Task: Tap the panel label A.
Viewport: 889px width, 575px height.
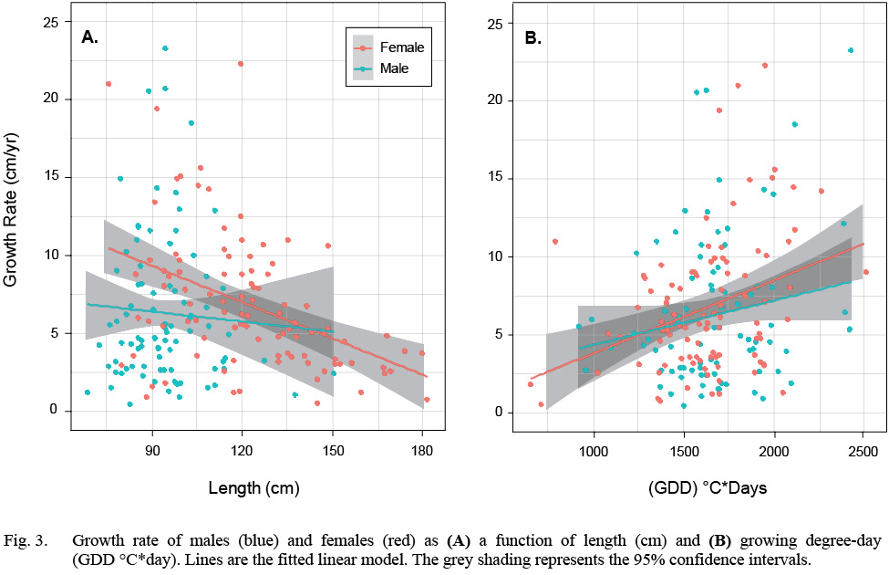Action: (89, 37)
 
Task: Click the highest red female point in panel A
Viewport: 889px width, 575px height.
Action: (241, 64)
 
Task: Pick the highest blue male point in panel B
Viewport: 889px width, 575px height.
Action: (851, 50)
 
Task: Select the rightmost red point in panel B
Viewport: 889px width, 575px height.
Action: (865, 272)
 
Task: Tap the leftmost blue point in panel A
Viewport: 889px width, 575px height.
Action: (88, 392)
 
